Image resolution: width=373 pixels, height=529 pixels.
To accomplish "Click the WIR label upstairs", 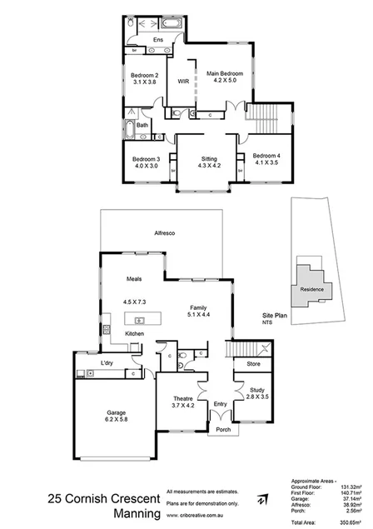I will [184, 81].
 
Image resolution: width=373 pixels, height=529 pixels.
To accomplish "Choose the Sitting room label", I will [209, 157].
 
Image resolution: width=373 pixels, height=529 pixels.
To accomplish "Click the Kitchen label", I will [135, 333].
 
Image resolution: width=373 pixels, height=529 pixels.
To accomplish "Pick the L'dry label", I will [107, 363].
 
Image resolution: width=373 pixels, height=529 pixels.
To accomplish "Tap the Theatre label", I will [183, 398].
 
